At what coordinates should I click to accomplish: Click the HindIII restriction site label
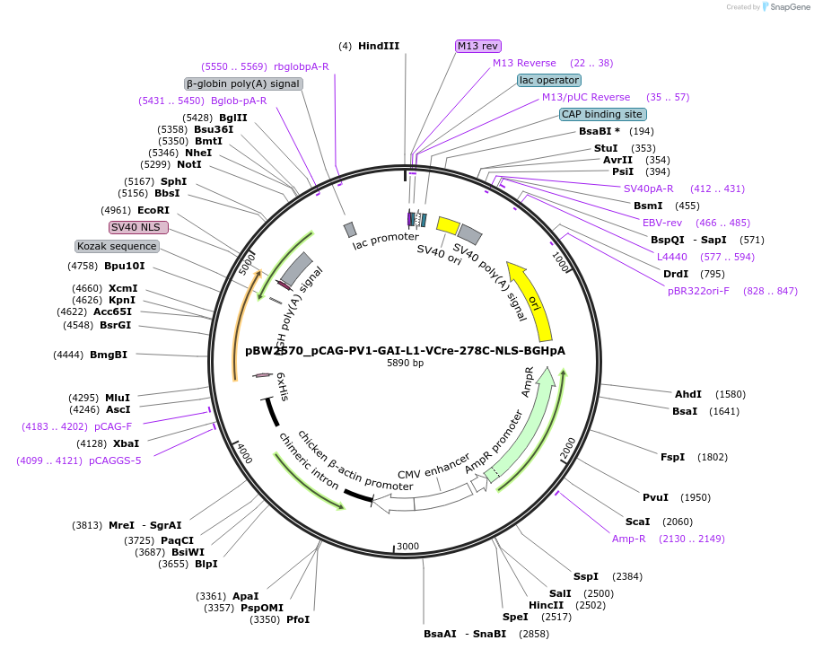[x=378, y=46]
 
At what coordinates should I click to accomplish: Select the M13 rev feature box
[x=478, y=46]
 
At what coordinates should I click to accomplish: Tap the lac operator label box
[x=549, y=80]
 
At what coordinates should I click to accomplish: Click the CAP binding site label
[x=602, y=114]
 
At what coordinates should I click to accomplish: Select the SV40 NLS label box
[x=138, y=227]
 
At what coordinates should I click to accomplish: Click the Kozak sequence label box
[x=118, y=246]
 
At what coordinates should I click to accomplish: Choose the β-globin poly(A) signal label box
[x=243, y=83]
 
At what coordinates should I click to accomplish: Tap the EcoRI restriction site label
[x=153, y=210]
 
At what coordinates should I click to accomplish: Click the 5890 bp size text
[x=405, y=364]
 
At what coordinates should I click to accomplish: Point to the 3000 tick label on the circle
[x=408, y=546]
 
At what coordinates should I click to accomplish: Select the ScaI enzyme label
[x=637, y=522]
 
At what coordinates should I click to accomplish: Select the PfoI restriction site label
[x=298, y=619]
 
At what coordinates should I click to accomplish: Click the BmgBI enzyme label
[x=108, y=355]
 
